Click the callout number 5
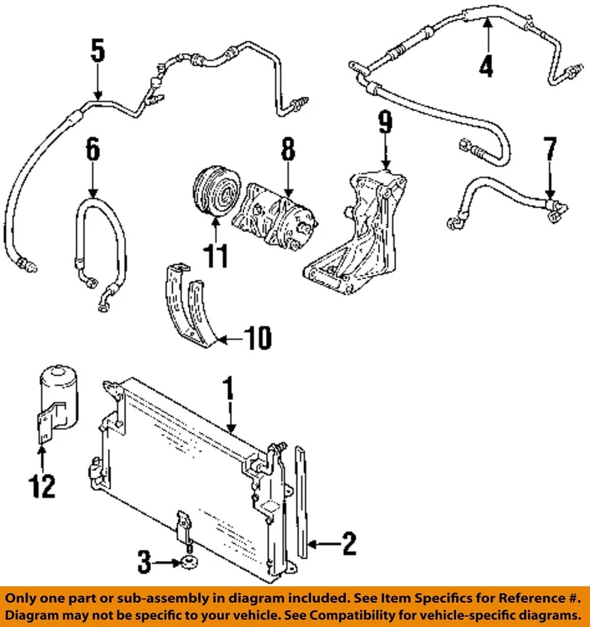tap(97, 52)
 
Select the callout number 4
tap(486, 66)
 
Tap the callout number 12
tap(42, 486)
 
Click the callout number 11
tap(216, 255)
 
